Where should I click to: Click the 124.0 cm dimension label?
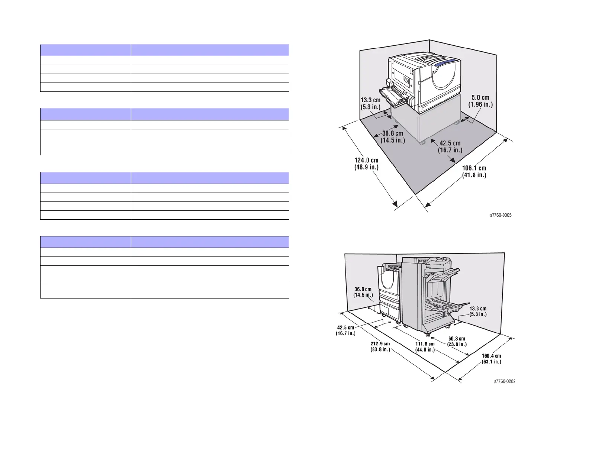point(366,164)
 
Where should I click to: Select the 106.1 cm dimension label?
point(474,171)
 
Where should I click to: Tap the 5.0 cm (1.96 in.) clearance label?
point(480,101)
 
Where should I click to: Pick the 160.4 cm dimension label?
point(491,358)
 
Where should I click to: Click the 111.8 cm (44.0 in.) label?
point(425,346)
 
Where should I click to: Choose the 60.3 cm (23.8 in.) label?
point(457,341)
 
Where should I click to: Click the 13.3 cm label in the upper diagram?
point(371,103)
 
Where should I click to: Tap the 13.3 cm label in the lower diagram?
point(478,311)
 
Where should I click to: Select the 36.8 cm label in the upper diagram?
point(393,137)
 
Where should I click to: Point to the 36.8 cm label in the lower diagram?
point(363,292)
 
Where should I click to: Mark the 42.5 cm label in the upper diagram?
point(450,146)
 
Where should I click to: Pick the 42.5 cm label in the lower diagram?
point(345,330)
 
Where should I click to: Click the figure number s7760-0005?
point(501,215)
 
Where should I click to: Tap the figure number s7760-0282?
point(504,381)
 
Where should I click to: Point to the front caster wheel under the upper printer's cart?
point(422,143)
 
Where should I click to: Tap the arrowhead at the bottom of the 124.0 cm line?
point(395,204)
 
